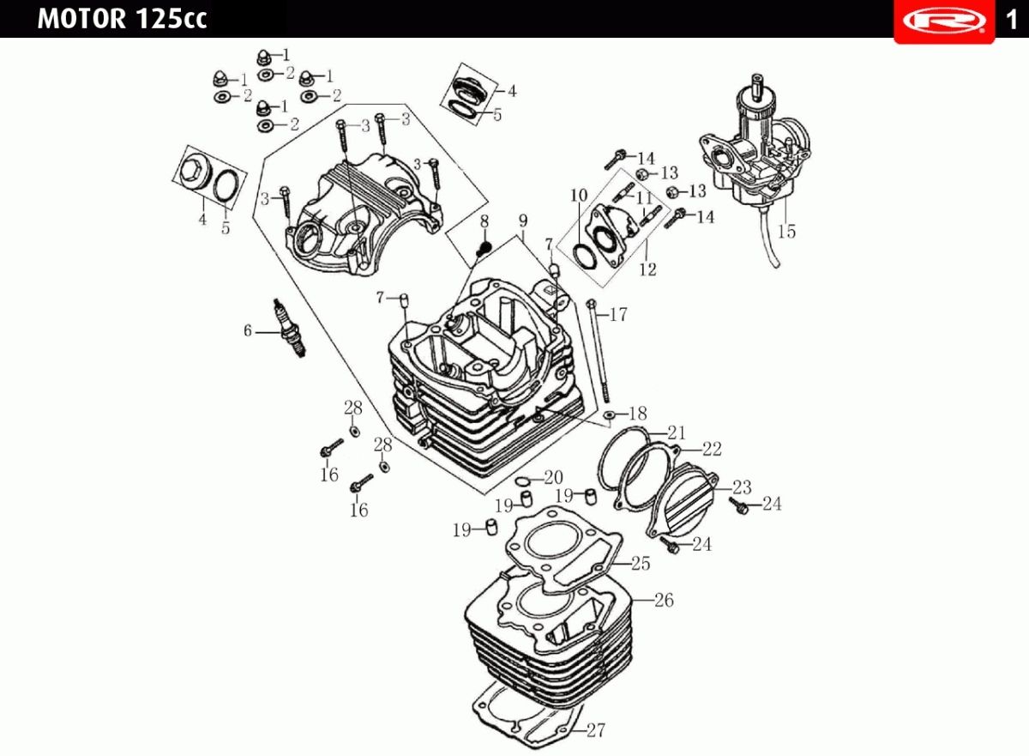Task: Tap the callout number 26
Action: click(x=664, y=600)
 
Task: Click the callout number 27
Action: click(x=596, y=729)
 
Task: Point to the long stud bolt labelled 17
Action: click(x=600, y=351)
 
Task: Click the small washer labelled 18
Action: click(x=609, y=415)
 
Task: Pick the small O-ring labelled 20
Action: click(x=522, y=481)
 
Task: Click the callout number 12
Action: click(x=648, y=269)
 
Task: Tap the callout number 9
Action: click(x=523, y=221)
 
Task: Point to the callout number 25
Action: click(x=641, y=564)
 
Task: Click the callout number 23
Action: click(x=742, y=487)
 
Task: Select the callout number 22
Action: click(x=712, y=449)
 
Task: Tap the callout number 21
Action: click(x=677, y=432)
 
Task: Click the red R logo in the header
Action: click(x=944, y=21)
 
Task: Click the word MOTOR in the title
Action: click(x=81, y=19)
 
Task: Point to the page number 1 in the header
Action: click(x=1011, y=21)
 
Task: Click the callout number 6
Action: click(x=248, y=330)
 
